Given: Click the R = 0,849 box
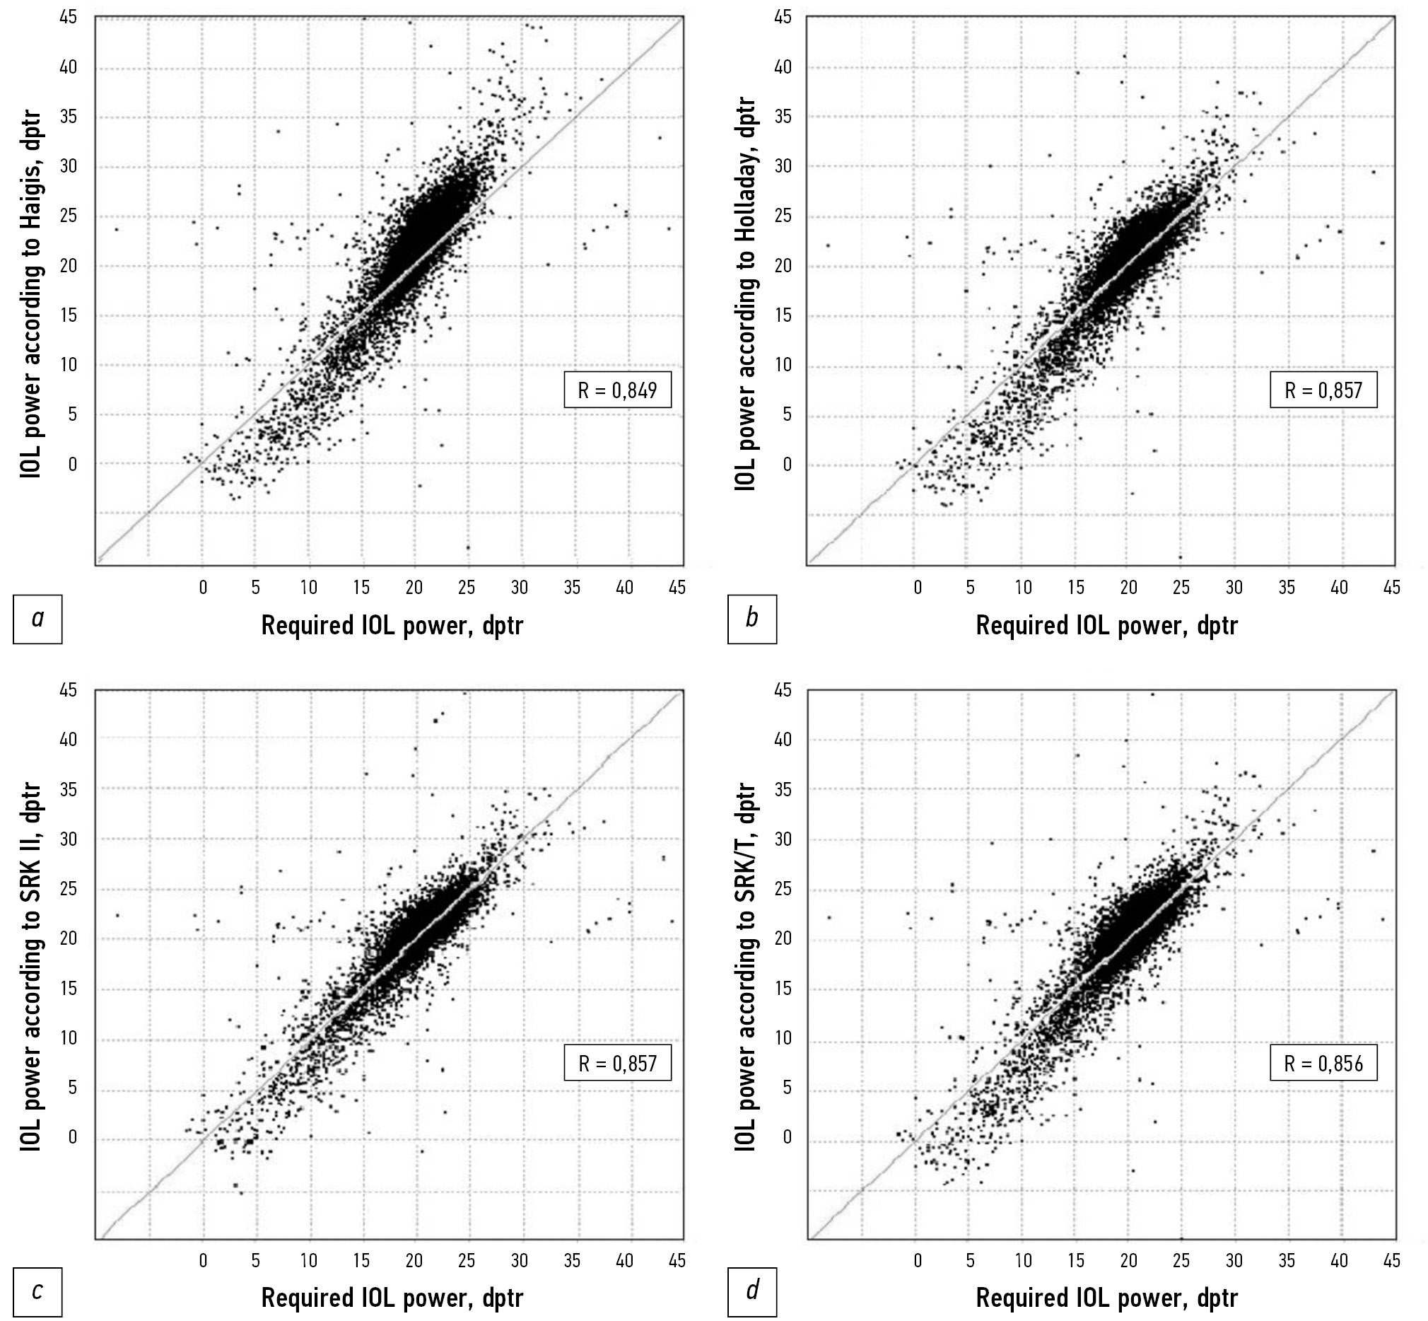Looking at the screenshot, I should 618,390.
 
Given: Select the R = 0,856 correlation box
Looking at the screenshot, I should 1323,1064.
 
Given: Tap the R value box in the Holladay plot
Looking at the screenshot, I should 1323,390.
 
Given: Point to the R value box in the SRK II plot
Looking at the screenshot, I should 618,1064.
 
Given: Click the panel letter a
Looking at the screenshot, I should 37,618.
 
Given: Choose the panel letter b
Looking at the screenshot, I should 752,618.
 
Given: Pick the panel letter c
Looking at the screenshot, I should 37,1291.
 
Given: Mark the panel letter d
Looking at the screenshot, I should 752,1291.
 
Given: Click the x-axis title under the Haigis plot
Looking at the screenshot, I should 392,625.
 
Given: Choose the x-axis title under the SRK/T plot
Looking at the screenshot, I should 1106,1298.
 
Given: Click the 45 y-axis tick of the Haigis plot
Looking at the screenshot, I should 69,17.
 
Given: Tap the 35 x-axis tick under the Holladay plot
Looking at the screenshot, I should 1287,588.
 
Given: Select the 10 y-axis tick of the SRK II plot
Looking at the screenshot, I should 69,1038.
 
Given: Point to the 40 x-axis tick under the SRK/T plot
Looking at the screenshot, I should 1339,1260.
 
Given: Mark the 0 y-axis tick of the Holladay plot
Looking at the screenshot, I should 787,465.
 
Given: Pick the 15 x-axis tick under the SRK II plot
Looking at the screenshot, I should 362,1260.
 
